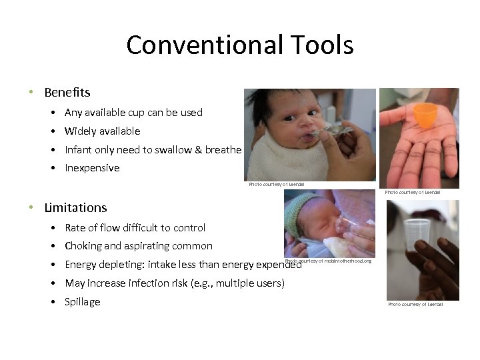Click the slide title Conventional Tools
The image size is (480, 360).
(239, 45)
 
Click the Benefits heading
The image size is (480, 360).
(67, 92)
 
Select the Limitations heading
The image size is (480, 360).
(75, 207)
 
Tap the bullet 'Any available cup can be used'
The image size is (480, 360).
(133, 113)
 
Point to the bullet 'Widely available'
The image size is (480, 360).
(102, 131)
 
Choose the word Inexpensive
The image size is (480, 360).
(92, 168)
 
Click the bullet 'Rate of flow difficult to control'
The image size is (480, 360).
(135, 228)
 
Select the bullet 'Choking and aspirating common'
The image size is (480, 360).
(138, 246)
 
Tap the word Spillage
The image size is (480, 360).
(82, 302)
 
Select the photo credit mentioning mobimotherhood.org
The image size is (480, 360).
(328, 261)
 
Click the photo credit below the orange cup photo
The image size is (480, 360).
(413, 193)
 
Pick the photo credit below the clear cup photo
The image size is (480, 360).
(415, 305)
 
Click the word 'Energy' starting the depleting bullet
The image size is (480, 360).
(80, 265)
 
